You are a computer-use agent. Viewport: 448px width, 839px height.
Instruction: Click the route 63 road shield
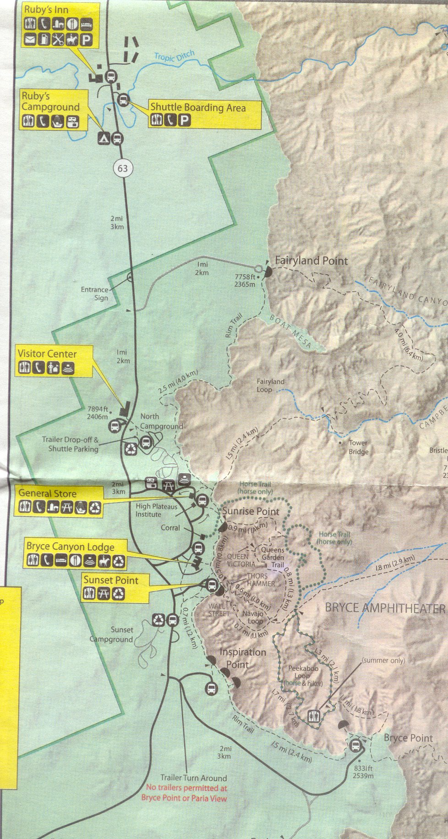[122, 168]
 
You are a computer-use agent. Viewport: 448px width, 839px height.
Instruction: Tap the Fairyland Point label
[311, 260]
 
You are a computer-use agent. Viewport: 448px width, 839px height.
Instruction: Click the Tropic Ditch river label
[174, 57]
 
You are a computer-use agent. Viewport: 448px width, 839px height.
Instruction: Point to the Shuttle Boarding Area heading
[198, 108]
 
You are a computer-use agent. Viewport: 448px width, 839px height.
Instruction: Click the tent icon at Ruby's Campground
[104, 138]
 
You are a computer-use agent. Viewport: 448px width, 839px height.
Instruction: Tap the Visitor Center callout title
[47, 353]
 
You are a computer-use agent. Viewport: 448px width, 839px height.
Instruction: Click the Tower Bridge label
[358, 447]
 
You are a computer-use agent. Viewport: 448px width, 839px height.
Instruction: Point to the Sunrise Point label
[251, 511]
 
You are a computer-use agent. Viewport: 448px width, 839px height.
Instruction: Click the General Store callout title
[47, 493]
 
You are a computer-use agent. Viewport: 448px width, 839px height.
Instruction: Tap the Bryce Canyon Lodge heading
[70, 546]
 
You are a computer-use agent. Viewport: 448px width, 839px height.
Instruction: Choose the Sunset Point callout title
[110, 580]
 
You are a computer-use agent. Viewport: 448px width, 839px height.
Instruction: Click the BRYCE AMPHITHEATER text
[385, 608]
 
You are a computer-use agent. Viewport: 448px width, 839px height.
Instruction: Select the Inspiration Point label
[242, 658]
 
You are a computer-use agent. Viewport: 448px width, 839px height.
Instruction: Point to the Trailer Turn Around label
[193, 778]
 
